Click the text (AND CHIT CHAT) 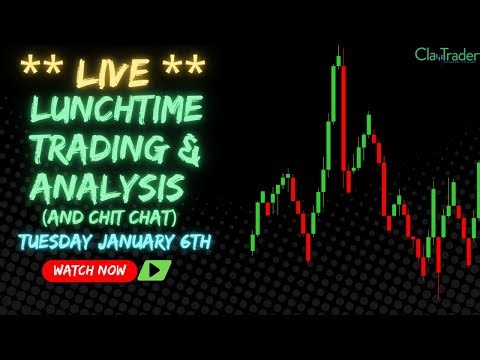pyautogui.click(x=119, y=216)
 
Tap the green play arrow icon pyautogui.click(x=154, y=270)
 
